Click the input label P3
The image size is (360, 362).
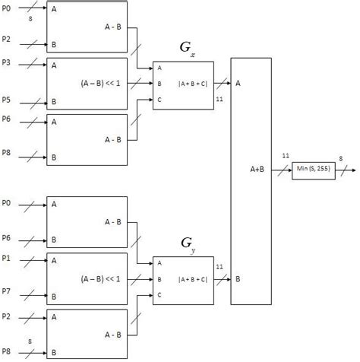7,64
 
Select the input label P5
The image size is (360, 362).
7,99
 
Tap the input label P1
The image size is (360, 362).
7,259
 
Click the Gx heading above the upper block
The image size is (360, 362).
186,49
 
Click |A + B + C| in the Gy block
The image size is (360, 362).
193,279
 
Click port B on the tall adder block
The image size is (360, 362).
239,280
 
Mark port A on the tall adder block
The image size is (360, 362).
239,83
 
